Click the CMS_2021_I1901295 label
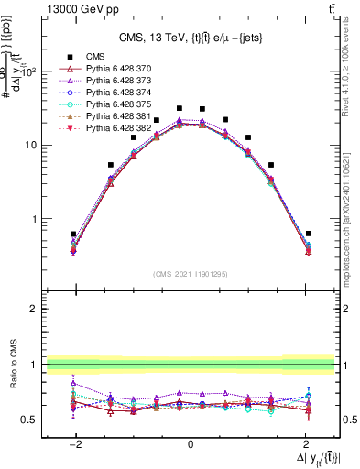click(x=191, y=273)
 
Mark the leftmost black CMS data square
click(x=73, y=234)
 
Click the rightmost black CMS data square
click(x=309, y=234)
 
